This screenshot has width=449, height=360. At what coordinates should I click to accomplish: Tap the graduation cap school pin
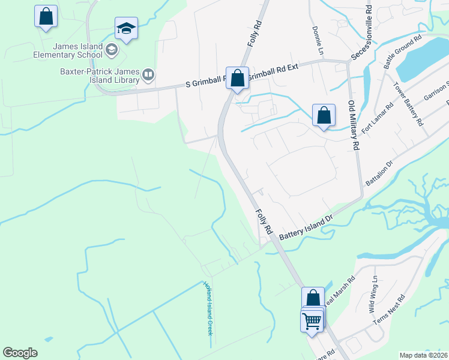tap(126, 29)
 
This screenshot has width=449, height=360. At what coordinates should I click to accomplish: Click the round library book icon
tap(148, 75)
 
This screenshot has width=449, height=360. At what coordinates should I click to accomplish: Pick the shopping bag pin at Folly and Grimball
tap(238, 78)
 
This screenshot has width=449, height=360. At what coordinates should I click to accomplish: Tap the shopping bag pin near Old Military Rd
tap(324, 115)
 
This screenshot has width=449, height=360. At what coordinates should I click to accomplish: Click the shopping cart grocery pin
tap(312, 321)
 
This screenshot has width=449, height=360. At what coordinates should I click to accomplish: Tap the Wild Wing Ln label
tap(374, 294)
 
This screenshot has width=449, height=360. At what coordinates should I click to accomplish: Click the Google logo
tap(20, 353)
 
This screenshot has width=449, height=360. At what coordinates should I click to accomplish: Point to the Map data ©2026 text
tap(423, 355)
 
